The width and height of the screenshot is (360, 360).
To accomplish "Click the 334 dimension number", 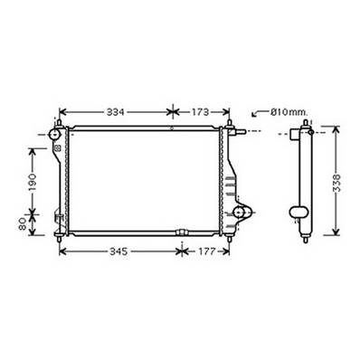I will click(x=117, y=113).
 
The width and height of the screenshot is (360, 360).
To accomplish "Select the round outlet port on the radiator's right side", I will click(x=241, y=213).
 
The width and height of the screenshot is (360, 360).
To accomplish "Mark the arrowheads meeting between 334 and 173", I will click(x=170, y=113).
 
